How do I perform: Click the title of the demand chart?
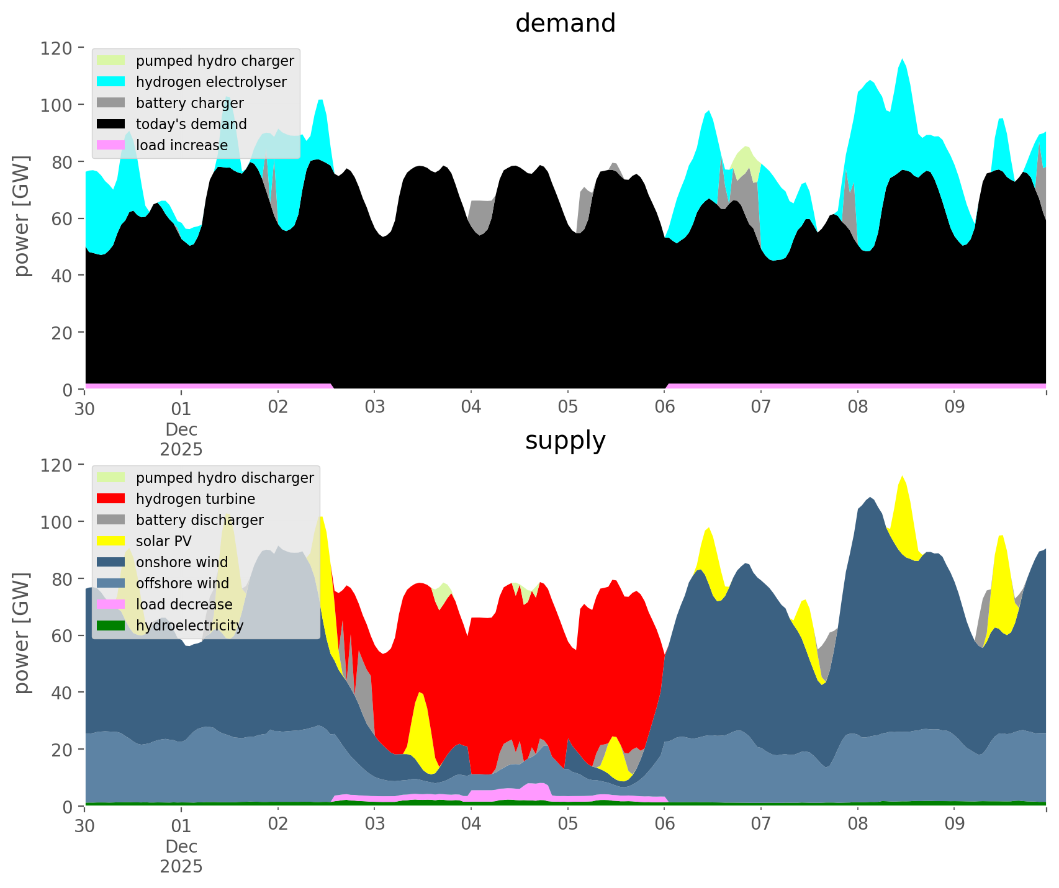coord(565,24)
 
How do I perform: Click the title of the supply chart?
coord(565,441)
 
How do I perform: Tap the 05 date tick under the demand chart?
coord(567,408)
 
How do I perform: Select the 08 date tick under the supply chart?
coord(857,825)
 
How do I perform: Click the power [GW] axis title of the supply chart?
coord(22,633)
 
